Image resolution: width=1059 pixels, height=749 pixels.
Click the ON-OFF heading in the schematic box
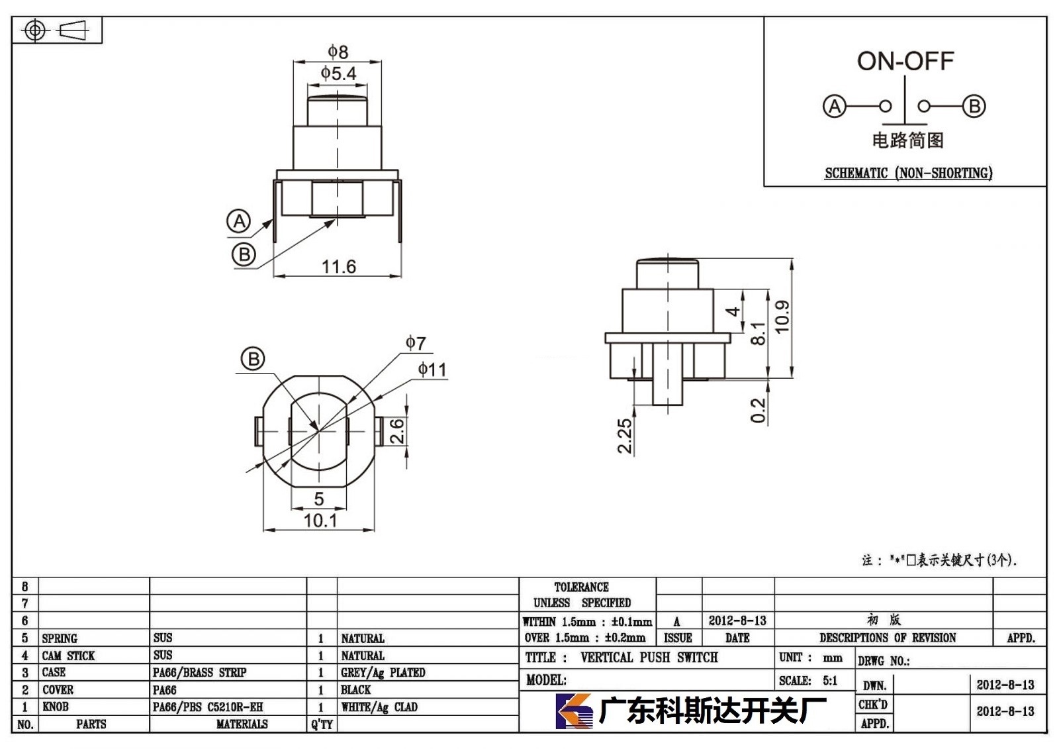click(x=905, y=62)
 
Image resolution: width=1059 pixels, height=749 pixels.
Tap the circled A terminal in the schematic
click(x=835, y=106)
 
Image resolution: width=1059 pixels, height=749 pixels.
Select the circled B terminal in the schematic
click(x=974, y=106)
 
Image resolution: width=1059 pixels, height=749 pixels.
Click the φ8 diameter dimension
click(x=338, y=52)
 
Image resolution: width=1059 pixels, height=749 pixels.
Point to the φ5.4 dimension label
click(x=338, y=74)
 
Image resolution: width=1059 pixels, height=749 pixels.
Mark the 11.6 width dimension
click(x=338, y=266)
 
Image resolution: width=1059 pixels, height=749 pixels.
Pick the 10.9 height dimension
click(x=782, y=317)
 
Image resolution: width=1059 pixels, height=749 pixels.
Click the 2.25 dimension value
click(x=625, y=436)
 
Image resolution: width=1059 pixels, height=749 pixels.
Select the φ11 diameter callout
click(x=432, y=370)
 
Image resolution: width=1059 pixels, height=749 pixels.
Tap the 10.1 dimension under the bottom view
click(x=320, y=521)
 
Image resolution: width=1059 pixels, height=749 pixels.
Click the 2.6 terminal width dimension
click(x=397, y=430)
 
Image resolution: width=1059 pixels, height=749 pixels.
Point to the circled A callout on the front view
click(x=239, y=221)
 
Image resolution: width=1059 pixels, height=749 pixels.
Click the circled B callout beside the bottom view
click(x=253, y=359)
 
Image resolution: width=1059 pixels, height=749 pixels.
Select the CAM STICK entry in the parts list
click(x=68, y=656)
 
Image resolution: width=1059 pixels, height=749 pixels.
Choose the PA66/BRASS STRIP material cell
click(x=199, y=672)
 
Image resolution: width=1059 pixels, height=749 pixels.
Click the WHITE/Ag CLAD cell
click(x=379, y=707)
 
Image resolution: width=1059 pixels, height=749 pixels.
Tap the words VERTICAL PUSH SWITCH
click(x=649, y=657)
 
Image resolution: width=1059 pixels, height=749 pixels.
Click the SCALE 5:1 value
click(x=830, y=680)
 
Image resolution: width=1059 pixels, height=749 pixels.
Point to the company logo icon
click(x=574, y=711)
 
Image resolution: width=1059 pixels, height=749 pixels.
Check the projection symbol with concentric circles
click(x=35, y=30)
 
